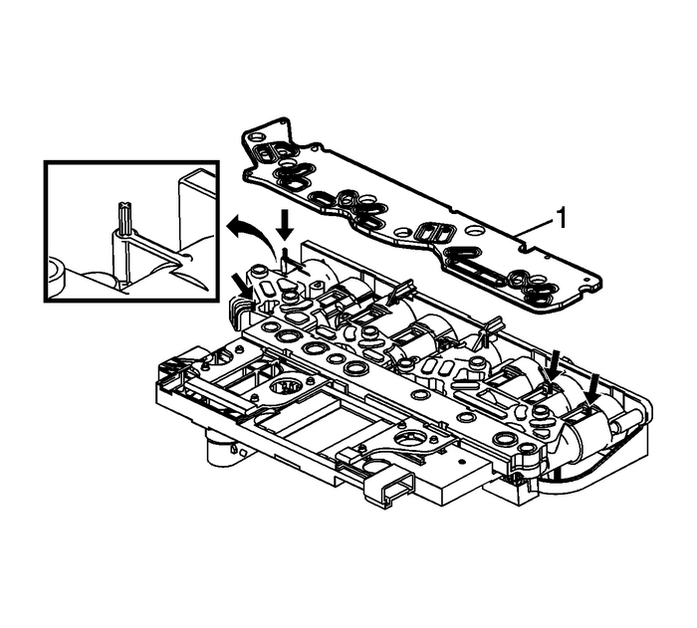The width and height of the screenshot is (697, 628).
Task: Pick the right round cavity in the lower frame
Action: point(411,439)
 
